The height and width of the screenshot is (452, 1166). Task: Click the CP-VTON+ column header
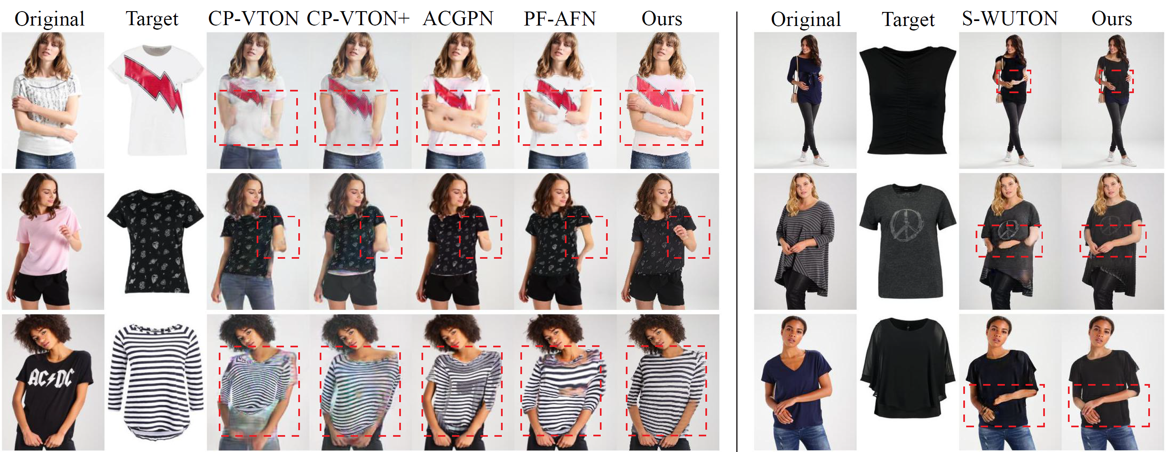(358, 19)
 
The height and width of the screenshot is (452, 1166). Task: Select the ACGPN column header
(458, 19)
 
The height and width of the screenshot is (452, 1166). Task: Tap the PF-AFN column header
(560, 19)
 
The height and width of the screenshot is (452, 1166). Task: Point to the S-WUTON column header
(1010, 19)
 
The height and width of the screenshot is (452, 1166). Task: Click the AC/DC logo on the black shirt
(50, 378)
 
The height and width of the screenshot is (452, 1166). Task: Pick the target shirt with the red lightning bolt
(155, 100)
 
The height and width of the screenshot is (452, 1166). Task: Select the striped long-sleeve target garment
(155, 381)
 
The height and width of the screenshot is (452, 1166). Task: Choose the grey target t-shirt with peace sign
(908, 241)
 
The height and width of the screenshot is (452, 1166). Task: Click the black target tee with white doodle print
(155, 241)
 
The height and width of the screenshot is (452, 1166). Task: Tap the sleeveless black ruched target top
(908, 100)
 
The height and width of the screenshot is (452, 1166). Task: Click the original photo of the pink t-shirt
(53, 241)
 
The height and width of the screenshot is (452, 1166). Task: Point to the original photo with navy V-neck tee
(805, 382)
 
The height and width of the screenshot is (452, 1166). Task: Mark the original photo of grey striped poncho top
(805, 241)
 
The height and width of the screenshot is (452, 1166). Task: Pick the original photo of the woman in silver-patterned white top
(53, 101)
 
